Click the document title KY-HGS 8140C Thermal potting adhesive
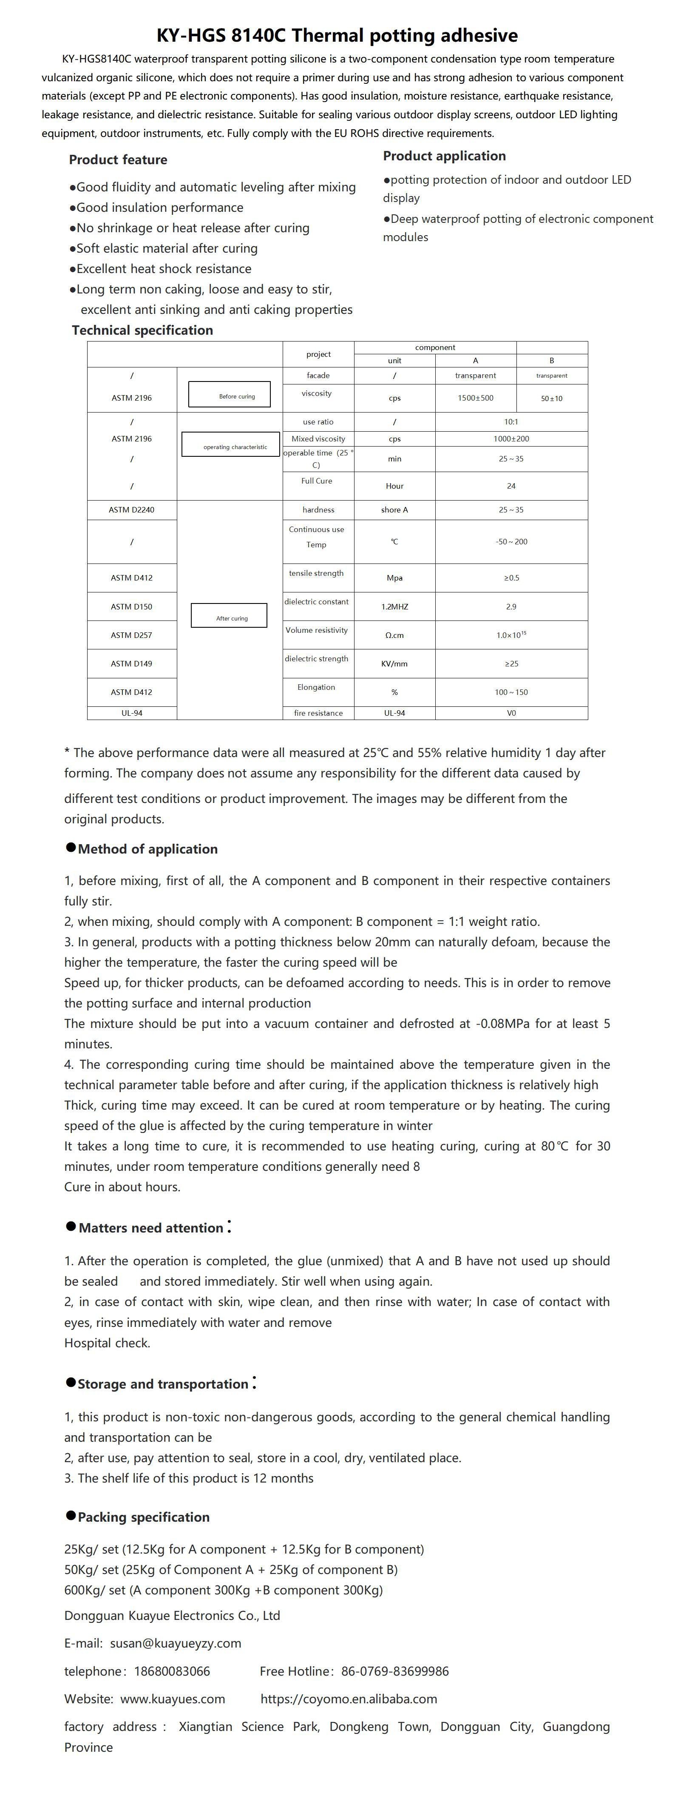(337, 35)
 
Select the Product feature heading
(118, 159)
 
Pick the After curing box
(229, 615)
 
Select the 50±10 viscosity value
(551, 399)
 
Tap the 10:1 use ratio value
(511, 422)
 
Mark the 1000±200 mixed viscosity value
(511, 439)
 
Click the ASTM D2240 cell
(131, 510)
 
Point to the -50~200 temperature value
(511, 541)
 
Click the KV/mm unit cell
(394, 664)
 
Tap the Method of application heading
(147, 849)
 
